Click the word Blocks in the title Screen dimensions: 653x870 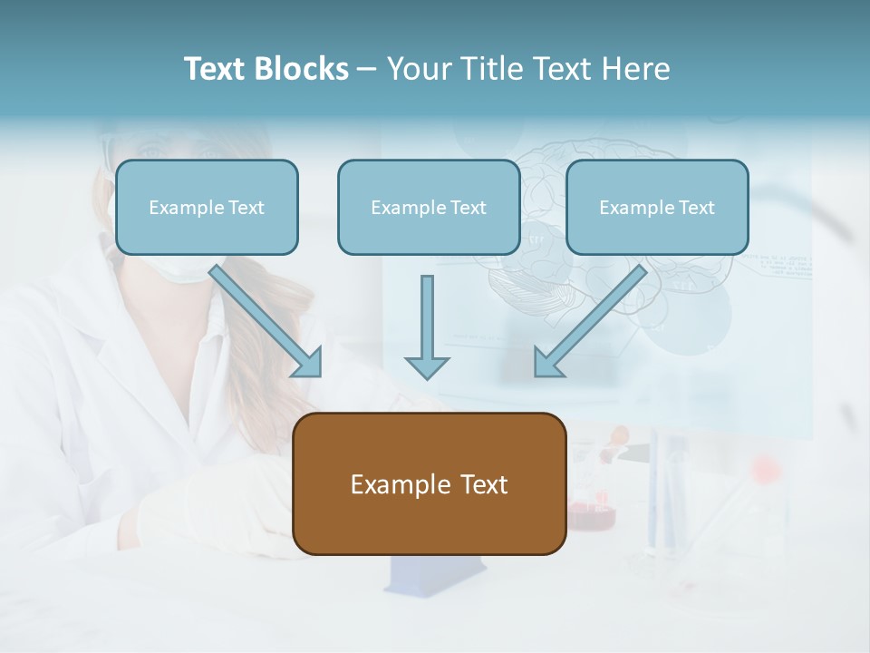pyautogui.click(x=303, y=69)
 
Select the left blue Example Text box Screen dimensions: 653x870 pyautogui.click(x=207, y=207)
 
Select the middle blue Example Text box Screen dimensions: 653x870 pyautogui.click(x=429, y=207)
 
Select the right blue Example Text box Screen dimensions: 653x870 pyautogui.click(x=657, y=207)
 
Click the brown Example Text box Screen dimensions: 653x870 pyautogui.click(x=429, y=483)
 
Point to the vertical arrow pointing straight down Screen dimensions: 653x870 pyautogui.click(x=427, y=322)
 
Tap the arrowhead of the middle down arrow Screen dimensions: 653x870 pyautogui.click(x=427, y=367)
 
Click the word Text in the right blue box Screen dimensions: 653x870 pyautogui.click(x=697, y=207)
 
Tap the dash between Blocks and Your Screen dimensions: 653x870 pyautogui.click(x=367, y=69)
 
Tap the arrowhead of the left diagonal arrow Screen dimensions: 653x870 pyautogui.click(x=308, y=363)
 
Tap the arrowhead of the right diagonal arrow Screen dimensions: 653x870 pyautogui.click(x=547, y=363)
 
